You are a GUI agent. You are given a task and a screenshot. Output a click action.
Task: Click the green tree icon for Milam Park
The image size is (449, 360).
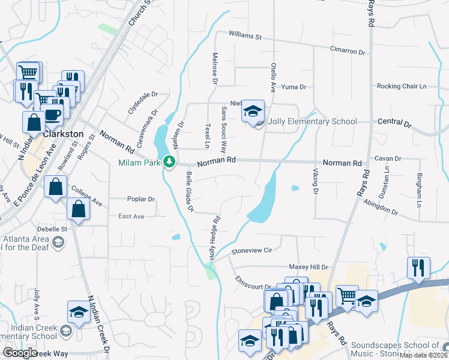(x=170, y=161)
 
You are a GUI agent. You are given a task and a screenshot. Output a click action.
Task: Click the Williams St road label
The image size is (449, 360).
(x=246, y=37)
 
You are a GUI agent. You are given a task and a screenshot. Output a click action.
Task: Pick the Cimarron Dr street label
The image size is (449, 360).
(x=347, y=52)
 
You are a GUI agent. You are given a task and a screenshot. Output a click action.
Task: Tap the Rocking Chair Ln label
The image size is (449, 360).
(x=401, y=86)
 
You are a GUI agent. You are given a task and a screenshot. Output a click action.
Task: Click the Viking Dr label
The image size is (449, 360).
(x=315, y=181)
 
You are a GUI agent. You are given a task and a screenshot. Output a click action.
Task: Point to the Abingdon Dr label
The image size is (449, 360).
(x=381, y=208)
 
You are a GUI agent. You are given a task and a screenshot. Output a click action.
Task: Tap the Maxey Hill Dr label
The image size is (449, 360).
(x=309, y=267)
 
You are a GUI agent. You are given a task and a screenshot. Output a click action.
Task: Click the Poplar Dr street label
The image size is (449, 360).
(x=141, y=199)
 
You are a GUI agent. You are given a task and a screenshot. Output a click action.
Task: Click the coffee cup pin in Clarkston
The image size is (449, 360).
(x=53, y=115)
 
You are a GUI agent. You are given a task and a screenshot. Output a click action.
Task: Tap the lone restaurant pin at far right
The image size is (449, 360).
(x=418, y=267)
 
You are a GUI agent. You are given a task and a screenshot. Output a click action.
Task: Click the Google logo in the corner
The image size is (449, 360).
(x=19, y=353)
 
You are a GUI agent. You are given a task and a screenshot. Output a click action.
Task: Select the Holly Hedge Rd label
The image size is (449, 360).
(x=212, y=238)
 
